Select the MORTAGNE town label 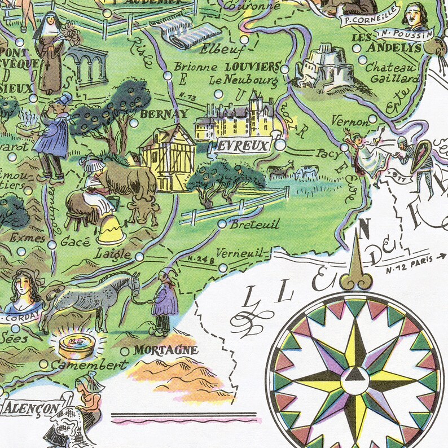[166, 350]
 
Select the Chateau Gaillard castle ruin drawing [324, 68]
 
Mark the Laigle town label [115, 253]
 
